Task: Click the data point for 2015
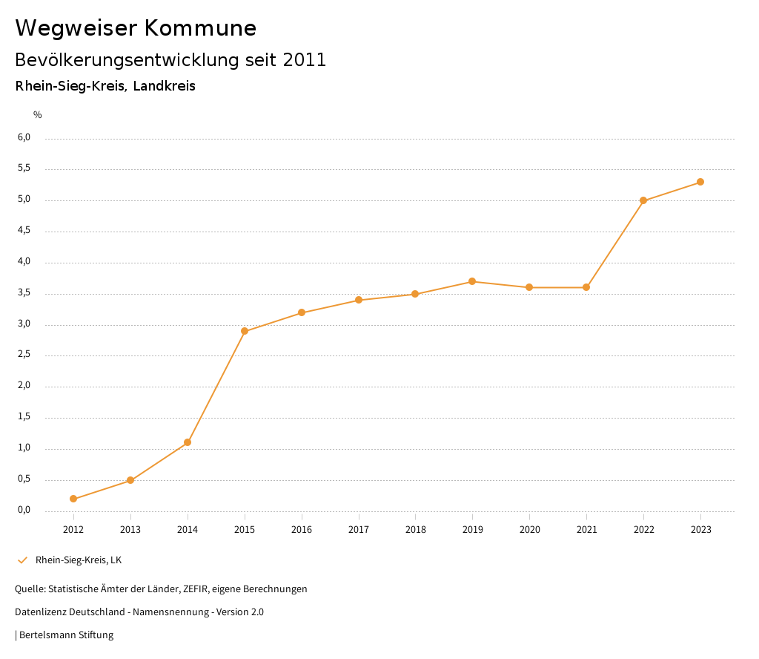tap(245, 331)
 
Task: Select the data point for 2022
tap(643, 200)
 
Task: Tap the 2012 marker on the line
tap(73, 499)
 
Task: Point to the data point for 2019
tap(472, 281)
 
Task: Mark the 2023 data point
tap(700, 182)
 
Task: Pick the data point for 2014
tap(188, 442)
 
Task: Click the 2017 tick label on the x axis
tap(359, 529)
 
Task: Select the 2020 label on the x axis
tap(529, 529)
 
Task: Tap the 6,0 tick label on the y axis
tap(24, 137)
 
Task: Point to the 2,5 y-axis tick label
tap(24, 354)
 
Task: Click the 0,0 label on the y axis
tap(24, 509)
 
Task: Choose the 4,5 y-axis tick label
tap(24, 230)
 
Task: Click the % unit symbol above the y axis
tap(38, 114)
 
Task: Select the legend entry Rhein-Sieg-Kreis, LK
tap(79, 560)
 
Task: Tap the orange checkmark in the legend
tap(22, 560)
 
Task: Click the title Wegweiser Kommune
tap(136, 28)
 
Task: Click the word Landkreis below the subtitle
tap(165, 86)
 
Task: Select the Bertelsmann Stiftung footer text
tap(66, 635)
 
